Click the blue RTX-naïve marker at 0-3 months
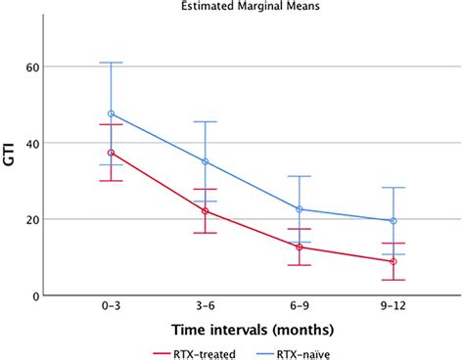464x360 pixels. coord(111,114)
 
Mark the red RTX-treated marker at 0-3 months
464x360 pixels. coord(111,153)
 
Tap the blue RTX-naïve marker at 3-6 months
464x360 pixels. coord(205,161)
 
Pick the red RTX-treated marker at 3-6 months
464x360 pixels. coord(205,211)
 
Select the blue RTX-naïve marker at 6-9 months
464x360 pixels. coord(299,209)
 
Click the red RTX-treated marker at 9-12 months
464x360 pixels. coord(393,261)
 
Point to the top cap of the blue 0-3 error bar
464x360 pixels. coord(111,63)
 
